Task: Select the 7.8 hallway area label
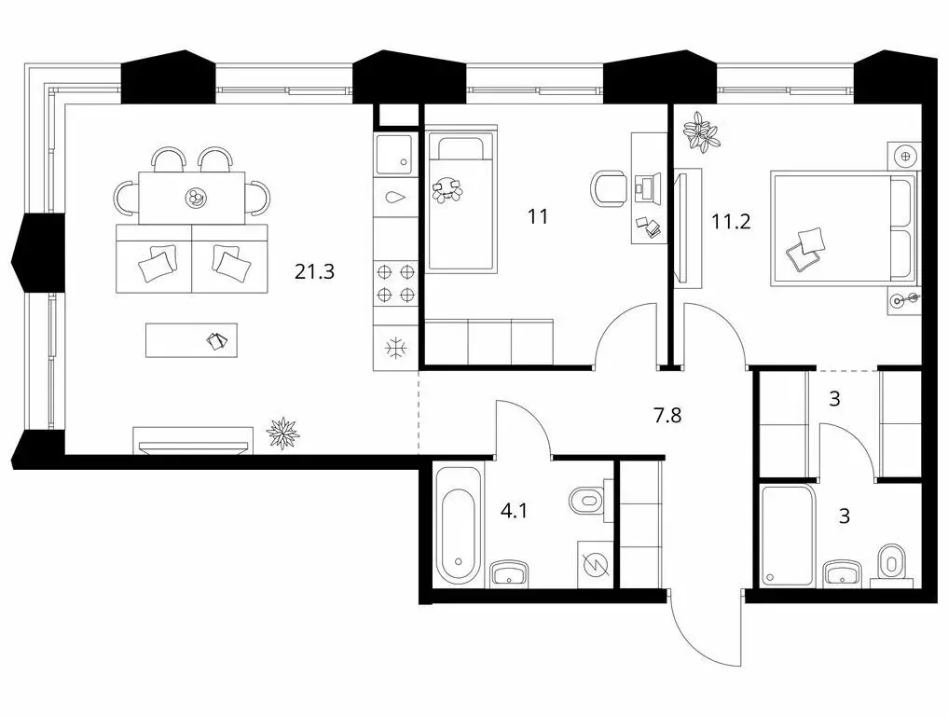point(667,416)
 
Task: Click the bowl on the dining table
point(196,198)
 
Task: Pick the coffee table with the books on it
point(191,340)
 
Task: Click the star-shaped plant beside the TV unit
point(283,432)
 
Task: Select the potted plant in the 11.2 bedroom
point(701,132)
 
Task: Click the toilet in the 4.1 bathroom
point(587,499)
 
